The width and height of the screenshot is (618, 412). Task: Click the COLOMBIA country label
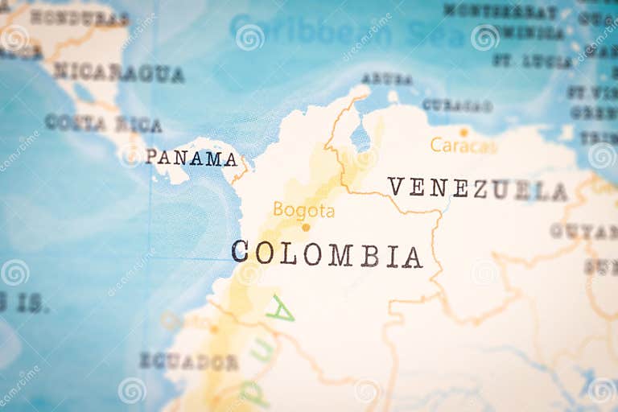coord(327,254)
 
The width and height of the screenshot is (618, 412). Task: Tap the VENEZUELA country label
coord(477,189)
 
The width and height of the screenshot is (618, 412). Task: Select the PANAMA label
coord(191,158)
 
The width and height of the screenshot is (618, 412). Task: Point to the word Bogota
coord(303,211)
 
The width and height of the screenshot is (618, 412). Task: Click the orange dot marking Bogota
coord(306,228)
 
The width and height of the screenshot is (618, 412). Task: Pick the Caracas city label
coord(463,146)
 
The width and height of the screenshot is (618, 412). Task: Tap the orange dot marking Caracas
coord(463,132)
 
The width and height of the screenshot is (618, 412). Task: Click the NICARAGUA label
coord(118,73)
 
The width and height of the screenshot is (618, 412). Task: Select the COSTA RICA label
coord(103,124)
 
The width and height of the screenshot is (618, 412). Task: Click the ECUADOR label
coord(188,362)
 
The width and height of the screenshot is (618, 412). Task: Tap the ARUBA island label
coord(386,79)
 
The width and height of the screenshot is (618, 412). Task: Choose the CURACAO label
coord(457,105)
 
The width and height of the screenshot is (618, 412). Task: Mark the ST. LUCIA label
coord(532,61)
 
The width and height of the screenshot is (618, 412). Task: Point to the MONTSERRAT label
coord(500,11)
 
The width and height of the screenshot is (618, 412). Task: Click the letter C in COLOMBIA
coord(240,252)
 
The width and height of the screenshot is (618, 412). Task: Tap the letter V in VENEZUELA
coord(396,187)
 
